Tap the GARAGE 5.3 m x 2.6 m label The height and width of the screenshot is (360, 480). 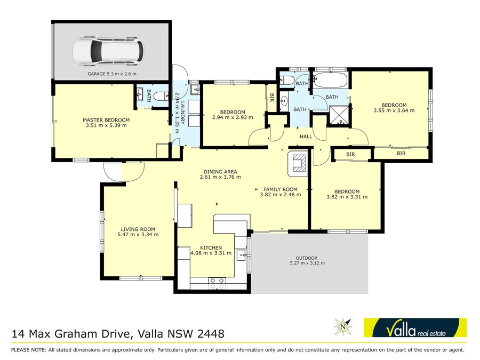pos(112,74)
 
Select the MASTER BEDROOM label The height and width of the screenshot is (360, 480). pos(106,123)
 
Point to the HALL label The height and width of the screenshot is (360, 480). pos(306,137)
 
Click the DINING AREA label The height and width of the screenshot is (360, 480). pos(219,174)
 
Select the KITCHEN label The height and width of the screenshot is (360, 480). pos(211,250)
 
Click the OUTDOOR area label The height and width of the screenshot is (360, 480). pos(307,260)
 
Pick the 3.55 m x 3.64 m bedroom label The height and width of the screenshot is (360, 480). pos(394,108)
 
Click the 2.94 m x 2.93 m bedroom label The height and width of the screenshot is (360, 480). pos(233,115)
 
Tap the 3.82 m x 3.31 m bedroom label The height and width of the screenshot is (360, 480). pos(347,194)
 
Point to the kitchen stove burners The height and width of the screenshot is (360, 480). pos(217,281)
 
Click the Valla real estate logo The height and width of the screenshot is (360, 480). pos(414,327)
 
